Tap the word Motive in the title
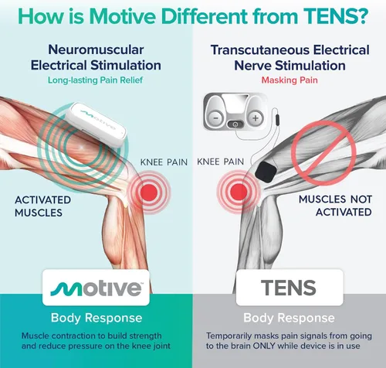122,16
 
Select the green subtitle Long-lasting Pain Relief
95,80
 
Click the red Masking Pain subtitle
289,80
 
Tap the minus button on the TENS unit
216,118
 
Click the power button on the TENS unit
235,124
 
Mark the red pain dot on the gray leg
239,192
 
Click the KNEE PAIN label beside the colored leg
164,162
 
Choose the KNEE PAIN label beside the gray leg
220,162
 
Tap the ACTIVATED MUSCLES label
42,206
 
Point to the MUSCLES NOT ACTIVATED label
335,206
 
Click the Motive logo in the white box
96,288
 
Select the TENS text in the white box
289,288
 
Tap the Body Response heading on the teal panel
96,318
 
